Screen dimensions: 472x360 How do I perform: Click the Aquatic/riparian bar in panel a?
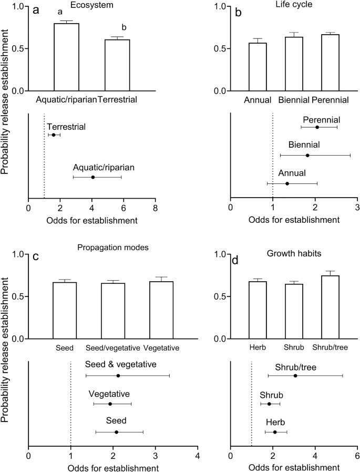[66, 57]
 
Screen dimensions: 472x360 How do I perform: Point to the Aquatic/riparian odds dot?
[92, 177]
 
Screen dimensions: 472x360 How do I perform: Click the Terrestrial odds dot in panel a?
[54, 135]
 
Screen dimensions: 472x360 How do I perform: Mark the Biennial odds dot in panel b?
[307, 155]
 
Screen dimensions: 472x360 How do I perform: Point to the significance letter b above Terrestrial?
[124, 27]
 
